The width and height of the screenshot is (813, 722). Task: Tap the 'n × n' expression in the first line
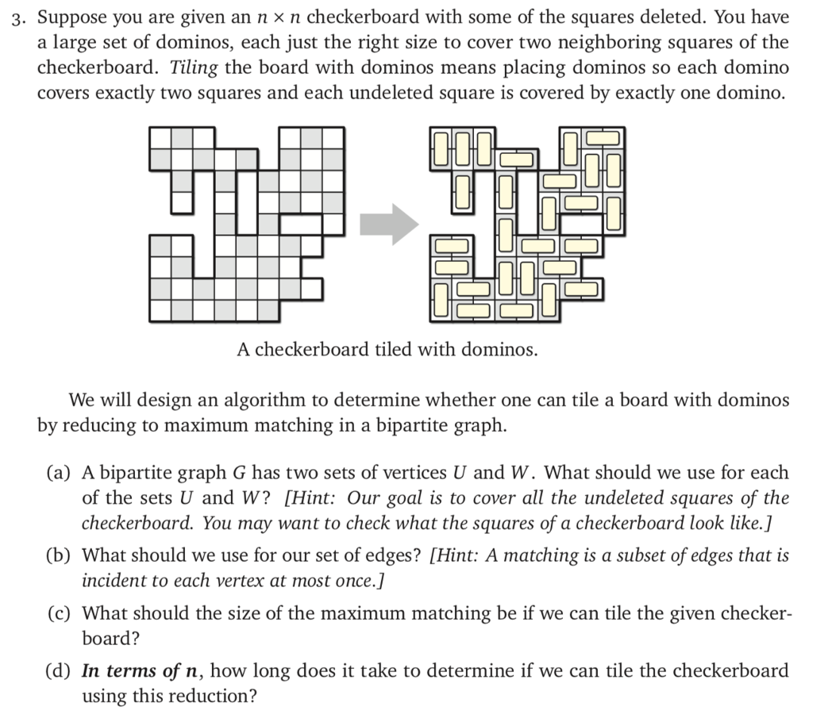click(x=273, y=17)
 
